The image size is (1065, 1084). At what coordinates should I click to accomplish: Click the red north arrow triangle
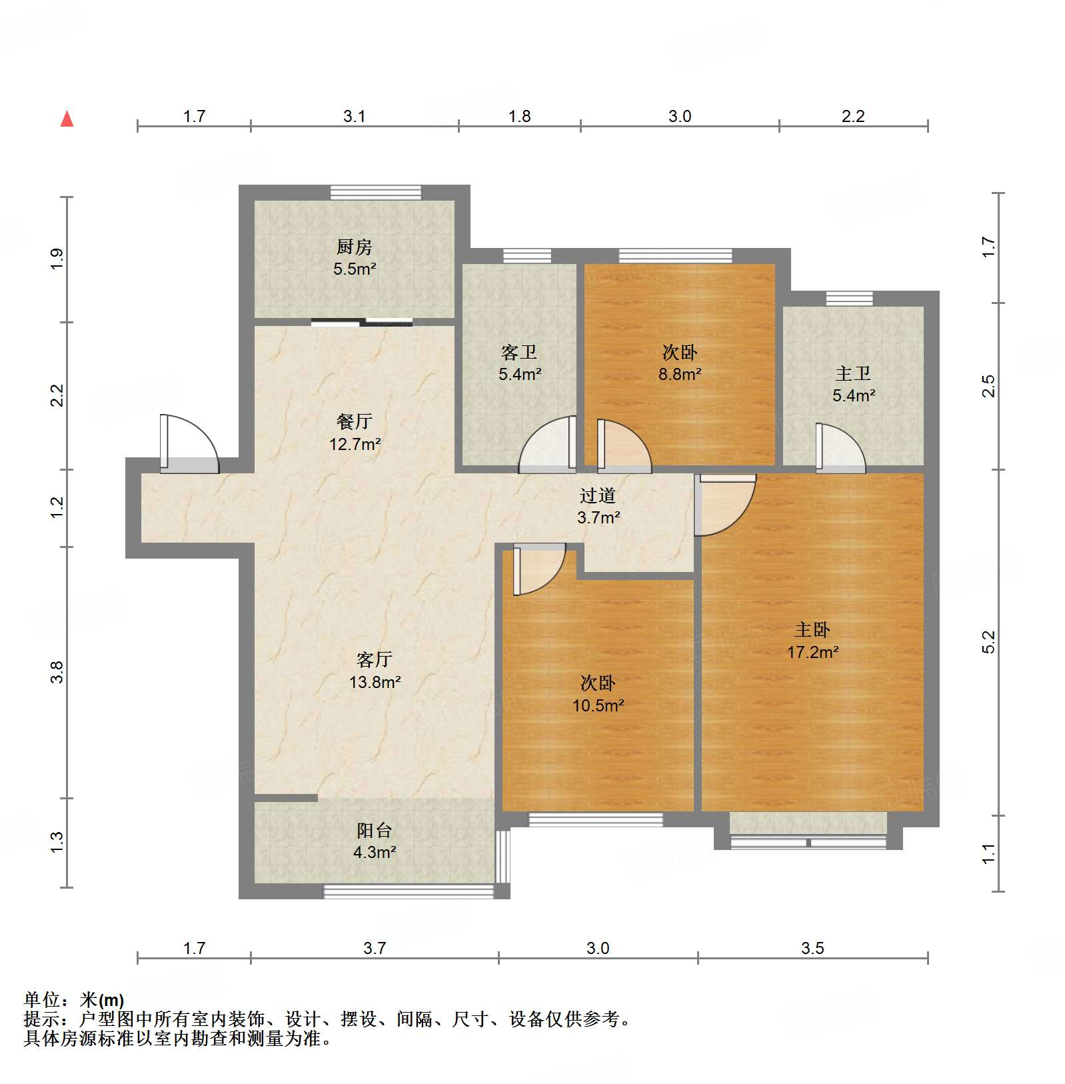[67, 119]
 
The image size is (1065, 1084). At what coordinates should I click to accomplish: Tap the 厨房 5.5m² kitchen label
[354, 258]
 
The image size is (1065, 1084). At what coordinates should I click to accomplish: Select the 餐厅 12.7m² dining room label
[354, 433]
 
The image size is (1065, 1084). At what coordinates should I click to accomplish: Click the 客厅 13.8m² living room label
[374, 671]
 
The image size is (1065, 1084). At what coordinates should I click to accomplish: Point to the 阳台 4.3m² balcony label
[374, 841]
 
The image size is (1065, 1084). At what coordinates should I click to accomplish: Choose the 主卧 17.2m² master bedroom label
[812, 641]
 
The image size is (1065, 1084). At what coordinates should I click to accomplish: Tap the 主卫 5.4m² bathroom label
[853, 384]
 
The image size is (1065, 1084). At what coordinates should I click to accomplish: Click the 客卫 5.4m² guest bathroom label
[519, 363]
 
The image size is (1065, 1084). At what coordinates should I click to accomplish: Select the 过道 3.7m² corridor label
[598, 506]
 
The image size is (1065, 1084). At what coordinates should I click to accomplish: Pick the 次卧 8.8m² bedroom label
[679, 363]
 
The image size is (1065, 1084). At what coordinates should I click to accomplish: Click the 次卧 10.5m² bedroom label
[598, 694]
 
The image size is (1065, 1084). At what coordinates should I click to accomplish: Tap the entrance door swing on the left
[189, 445]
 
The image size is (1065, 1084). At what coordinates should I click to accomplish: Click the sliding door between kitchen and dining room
[362, 323]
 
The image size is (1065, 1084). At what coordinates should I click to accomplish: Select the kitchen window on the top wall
[376, 192]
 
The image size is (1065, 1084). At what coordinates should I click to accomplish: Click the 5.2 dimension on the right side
[988, 641]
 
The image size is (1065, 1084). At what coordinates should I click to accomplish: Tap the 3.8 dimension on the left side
[57, 671]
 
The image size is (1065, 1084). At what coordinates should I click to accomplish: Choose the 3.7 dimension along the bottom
[375, 947]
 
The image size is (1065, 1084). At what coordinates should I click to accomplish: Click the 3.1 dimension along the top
[354, 116]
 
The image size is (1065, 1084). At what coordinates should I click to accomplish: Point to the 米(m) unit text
[102, 999]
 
